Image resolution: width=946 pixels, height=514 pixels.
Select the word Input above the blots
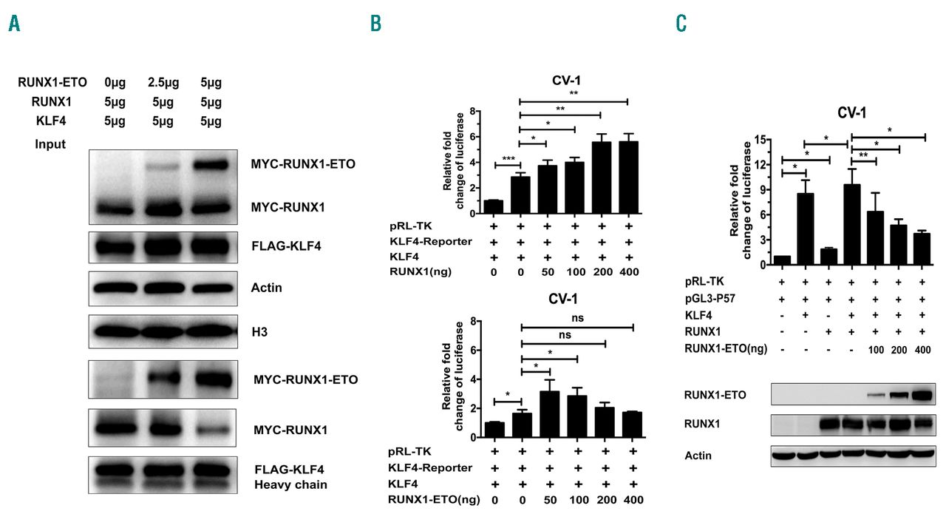tap(50, 143)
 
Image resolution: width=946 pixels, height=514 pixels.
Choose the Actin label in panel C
tap(698, 455)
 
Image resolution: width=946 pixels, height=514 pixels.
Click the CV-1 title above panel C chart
tap(851, 112)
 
